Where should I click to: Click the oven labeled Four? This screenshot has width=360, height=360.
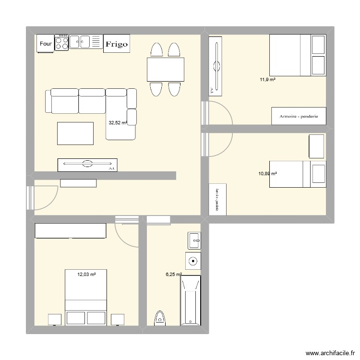coord(46,44)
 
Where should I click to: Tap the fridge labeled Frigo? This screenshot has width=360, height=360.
coord(117,44)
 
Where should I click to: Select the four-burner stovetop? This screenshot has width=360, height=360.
coord(62,42)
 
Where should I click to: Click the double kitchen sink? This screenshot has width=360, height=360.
coord(86,42)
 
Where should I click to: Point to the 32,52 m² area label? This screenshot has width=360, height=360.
coord(118,123)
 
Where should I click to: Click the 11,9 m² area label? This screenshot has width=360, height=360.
coord(268,80)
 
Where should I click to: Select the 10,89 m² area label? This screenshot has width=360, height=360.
coord(268,174)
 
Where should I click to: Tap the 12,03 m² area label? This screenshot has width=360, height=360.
coord(86,275)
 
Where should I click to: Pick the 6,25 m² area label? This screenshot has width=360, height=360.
coord(173,275)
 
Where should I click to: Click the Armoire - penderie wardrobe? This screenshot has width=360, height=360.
coord(299,116)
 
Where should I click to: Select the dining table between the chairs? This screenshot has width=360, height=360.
coord(166,70)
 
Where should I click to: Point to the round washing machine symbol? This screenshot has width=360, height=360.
coord(193,262)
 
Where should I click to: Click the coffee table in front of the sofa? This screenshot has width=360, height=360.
coord(75,133)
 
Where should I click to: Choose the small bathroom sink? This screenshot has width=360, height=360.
coord(194,240)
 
